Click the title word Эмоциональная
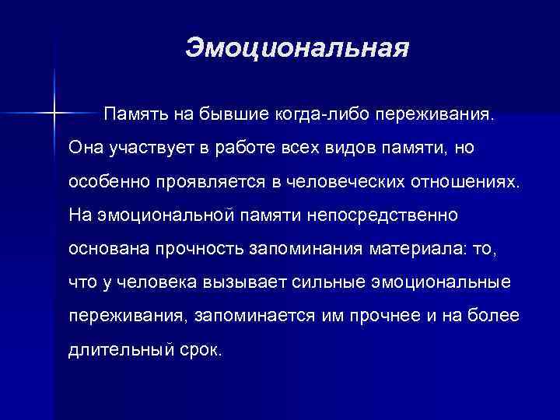pyautogui.click(x=297, y=49)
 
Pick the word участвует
pyautogui.click(x=145, y=148)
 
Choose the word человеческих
pyautogui.click(x=348, y=180)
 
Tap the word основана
pyautogui.click(x=104, y=247)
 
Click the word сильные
pyautogui.click(x=327, y=281)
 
